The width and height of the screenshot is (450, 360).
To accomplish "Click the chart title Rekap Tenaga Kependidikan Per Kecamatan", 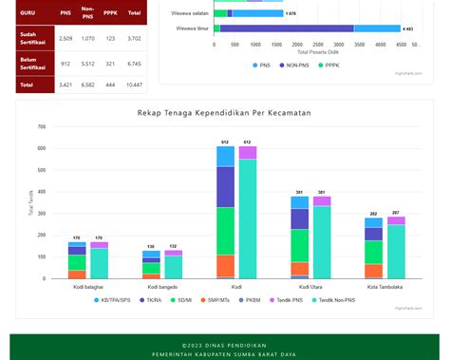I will pyautogui.click(x=224, y=113).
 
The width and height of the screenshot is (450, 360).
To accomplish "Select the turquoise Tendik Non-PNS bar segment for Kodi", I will pyautogui.click(x=248, y=218).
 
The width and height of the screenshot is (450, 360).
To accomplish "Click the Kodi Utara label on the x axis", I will pyautogui.click(x=310, y=286).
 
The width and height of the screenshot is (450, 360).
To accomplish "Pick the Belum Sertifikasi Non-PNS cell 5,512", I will pyautogui.click(x=87, y=64).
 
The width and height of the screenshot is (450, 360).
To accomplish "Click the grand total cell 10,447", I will pyautogui.click(x=134, y=85).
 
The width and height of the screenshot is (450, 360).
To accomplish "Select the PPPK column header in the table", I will pyautogui.click(x=111, y=12).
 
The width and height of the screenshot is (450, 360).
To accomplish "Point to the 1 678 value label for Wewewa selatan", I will pyautogui.click(x=291, y=14).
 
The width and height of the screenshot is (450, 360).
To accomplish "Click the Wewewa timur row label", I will pyautogui.click(x=192, y=29).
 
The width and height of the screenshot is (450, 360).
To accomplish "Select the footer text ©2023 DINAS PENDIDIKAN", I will pyautogui.click(x=224, y=345).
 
